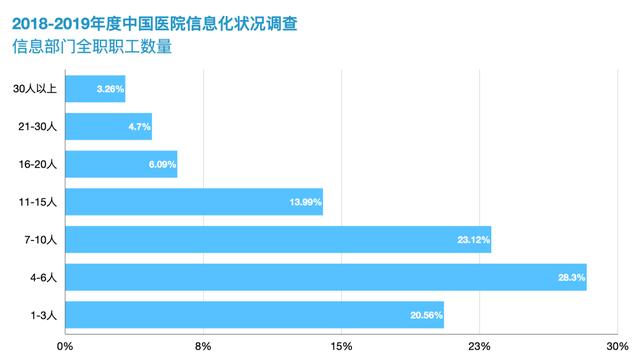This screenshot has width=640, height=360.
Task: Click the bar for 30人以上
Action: (96, 89)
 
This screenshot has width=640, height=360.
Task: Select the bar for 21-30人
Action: (109, 127)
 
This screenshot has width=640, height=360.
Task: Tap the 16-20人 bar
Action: (121, 164)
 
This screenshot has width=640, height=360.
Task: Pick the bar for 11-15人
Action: (194, 202)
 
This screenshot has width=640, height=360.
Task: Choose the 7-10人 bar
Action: (278, 240)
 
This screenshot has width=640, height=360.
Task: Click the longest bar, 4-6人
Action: (326, 277)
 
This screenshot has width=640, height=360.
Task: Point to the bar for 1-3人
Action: (254, 315)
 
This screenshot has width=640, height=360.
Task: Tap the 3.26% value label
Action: (110, 90)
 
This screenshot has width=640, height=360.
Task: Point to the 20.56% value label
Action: (425, 316)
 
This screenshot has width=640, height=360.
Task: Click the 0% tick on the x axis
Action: (66, 346)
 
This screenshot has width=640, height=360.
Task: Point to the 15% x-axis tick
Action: (340, 346)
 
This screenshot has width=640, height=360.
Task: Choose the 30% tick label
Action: (615, 346)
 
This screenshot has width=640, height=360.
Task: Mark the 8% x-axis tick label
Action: (203, 346)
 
